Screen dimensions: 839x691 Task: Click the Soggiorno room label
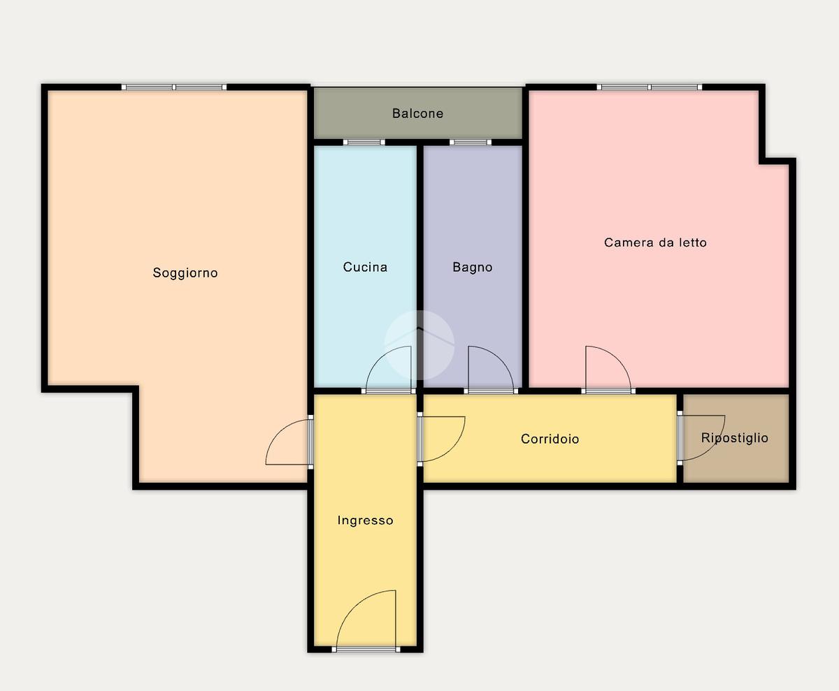(x=185, y=273)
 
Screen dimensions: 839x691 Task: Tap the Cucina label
(x=365, y=267)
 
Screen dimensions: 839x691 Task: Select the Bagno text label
(x=473, y=268)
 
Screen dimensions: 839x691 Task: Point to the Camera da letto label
(x=655, y=242)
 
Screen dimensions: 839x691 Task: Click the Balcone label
(x=418, y=114)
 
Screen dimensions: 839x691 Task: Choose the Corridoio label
(x=550, y=439)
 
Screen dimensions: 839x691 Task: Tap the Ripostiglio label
(x=735, y=438)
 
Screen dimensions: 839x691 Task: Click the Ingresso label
(x=365, y=521)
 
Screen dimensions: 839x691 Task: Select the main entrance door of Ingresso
(x=366, y=620)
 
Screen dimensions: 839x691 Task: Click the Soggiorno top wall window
(x=174, y=87)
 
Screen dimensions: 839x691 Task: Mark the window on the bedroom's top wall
(x=650, y=87)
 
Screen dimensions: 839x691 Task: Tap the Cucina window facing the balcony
(x=364, y=142)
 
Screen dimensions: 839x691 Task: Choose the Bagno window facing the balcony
(x=471, y=142)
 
